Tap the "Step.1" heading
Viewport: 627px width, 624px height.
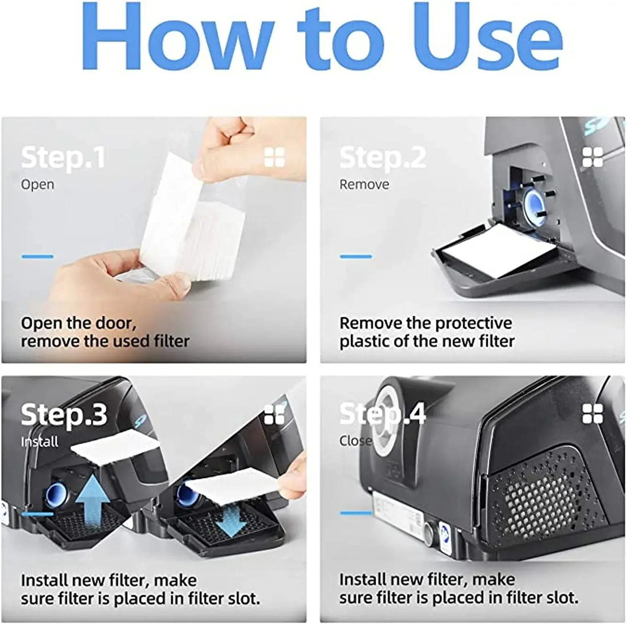pyautogui.click(x=63, y=158)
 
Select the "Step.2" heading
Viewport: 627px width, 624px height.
pyautogui.click(x=382, y=158)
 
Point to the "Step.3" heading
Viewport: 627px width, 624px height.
pyautogui.click(x=64, y=415)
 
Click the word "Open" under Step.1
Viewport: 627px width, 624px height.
pyautogui.click(x=37, y=184)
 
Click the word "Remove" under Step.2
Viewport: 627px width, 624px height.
pyautogui.click(x=364, y=184)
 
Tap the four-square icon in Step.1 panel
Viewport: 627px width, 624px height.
pyautogui.click(x=275, y=157)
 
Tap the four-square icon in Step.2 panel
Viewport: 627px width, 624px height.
pyautogui.click(x=593, y=157)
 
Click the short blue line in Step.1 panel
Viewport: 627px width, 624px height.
pyautogui.click(x=37, y=256)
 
